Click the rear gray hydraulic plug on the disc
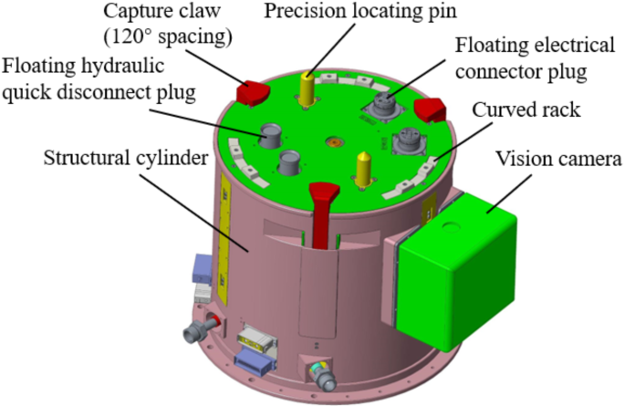[x=271, y=136]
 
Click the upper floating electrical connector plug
[x=384, y=107]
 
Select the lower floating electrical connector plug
[x=407, y=142]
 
